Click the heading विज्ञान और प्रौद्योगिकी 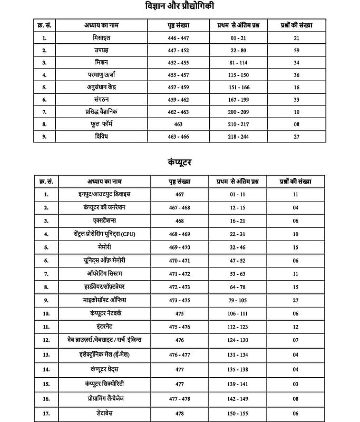(180, 7)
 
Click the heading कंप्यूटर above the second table (179, 162)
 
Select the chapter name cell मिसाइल (105, 38)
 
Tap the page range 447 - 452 (178, 50)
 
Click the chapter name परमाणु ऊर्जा (105, 74)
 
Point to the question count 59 (297, 50)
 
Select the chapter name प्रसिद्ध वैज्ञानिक (105, 112)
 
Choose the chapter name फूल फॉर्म (105, 124)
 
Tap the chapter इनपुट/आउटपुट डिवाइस (105, 194)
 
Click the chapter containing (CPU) (105, 234)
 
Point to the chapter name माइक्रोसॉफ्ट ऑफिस (105, 300)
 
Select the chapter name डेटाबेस (105, 414)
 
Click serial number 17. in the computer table (47, 414)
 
